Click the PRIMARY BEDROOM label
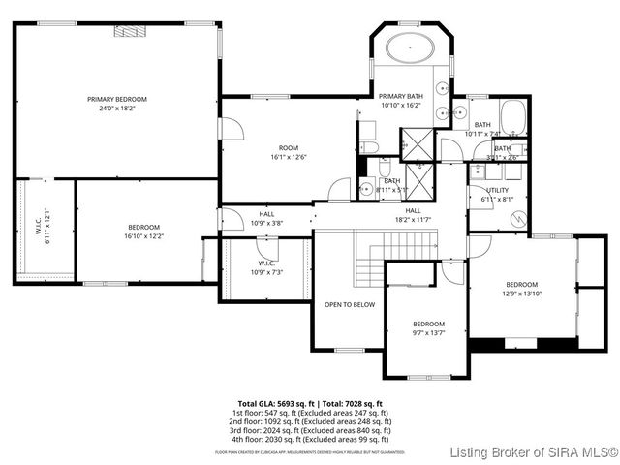(117, 99)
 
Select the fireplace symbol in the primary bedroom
(129, 31)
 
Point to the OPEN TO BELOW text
(350, 304)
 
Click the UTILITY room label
(498, 191)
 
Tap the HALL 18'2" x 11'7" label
(413, 215)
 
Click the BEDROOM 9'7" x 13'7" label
(428, 327)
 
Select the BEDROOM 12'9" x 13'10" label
(520, 289)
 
